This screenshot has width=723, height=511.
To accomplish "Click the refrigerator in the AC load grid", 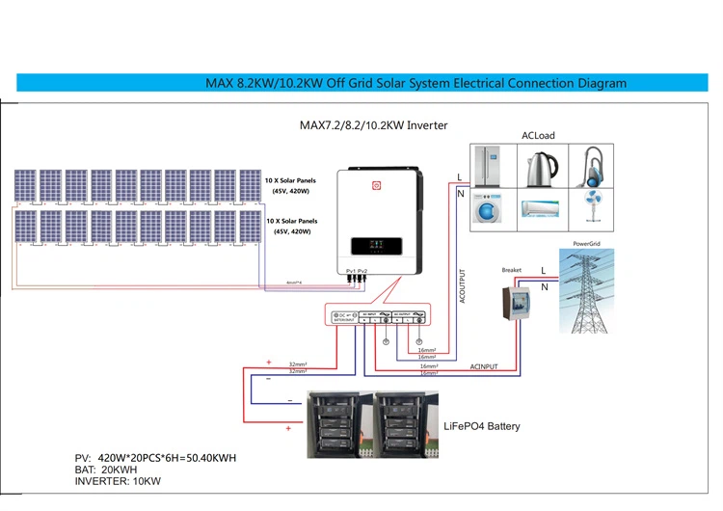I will [x=494, y=166].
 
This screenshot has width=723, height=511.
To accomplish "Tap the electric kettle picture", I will [x=541, y=168].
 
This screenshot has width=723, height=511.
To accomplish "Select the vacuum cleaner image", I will [x=590, y=166].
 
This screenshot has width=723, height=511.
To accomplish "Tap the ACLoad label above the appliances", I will [x=538, y=136].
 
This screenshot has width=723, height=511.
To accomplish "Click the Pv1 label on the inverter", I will [x=350, y=272].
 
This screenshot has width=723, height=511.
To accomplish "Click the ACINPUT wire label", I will [x=484, y=367].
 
